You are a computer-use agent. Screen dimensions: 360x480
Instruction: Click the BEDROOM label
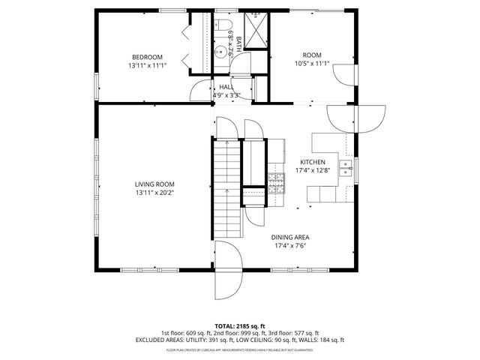point(147,57)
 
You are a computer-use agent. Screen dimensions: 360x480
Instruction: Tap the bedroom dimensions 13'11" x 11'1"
point(147,66)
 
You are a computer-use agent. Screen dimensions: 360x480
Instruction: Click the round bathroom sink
point(220,52)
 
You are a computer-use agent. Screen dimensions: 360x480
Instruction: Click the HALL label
point(226,87)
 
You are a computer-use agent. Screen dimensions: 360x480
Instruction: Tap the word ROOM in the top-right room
point(311,55)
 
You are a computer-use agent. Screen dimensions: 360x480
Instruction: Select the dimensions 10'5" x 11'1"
point(311,64)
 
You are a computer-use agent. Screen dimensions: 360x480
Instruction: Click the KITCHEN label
point(312,162)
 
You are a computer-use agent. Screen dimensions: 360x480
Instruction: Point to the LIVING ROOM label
point(154,184)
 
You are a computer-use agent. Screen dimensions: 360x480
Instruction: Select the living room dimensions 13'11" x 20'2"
point(154,193)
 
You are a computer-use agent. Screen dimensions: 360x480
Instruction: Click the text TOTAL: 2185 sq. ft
point(240,326)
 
